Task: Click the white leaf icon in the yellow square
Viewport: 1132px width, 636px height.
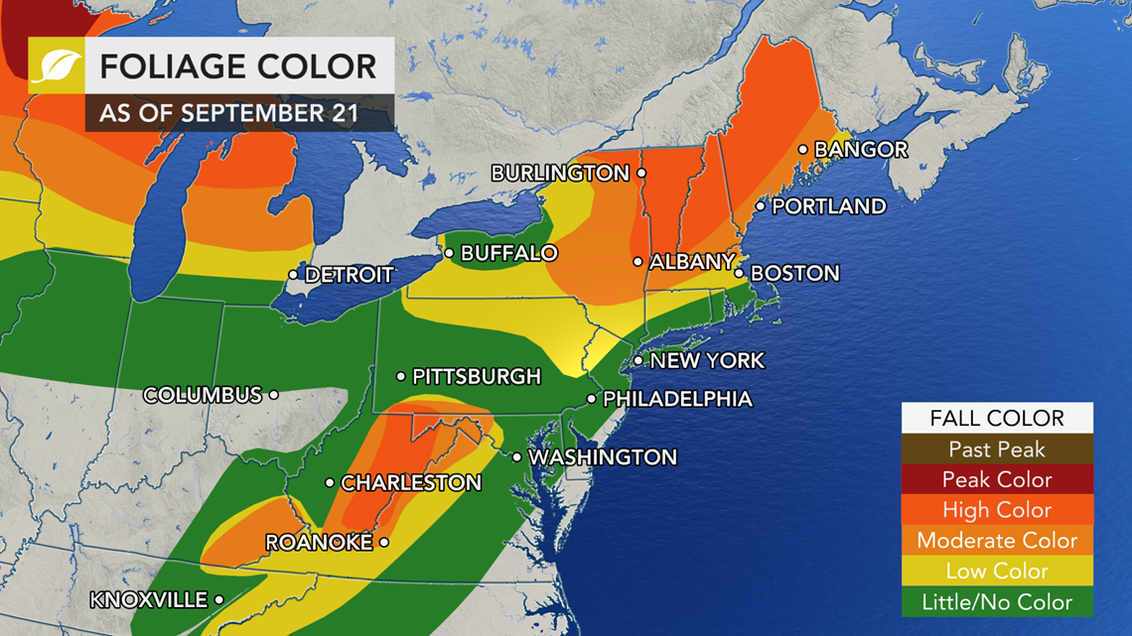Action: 56,66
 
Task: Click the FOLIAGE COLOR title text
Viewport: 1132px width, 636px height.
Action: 238,66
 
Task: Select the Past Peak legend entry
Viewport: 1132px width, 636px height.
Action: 997,449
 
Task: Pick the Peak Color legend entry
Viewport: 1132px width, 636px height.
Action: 997,479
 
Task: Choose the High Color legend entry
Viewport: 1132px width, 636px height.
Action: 997,510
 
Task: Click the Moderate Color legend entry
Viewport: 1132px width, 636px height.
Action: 997,541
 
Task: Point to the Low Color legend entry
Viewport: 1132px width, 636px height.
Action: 997,572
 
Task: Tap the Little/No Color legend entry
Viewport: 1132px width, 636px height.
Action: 997,601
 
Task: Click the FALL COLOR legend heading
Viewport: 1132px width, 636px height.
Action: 997,419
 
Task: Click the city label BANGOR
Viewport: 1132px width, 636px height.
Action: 861,150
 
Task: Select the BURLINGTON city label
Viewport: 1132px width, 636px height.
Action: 560,174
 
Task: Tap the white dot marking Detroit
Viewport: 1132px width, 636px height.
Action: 294,275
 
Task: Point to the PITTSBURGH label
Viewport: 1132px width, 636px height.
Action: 477,377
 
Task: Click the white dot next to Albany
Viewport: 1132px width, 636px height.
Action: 638,262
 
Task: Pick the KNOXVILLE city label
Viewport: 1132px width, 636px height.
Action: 148,600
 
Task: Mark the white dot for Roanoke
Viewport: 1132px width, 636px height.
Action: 384,543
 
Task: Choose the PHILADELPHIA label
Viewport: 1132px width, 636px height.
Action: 677,400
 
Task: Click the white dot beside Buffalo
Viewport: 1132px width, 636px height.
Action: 449,254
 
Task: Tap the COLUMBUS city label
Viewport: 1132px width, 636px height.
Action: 203,395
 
